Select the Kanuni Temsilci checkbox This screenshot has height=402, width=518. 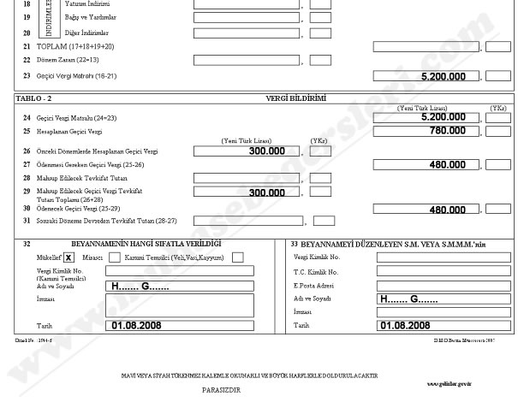coord(237,256)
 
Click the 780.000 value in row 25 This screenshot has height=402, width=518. coord(453,130)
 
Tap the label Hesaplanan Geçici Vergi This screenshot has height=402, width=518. coord(66,131)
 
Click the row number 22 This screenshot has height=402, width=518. coord(27,61)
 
